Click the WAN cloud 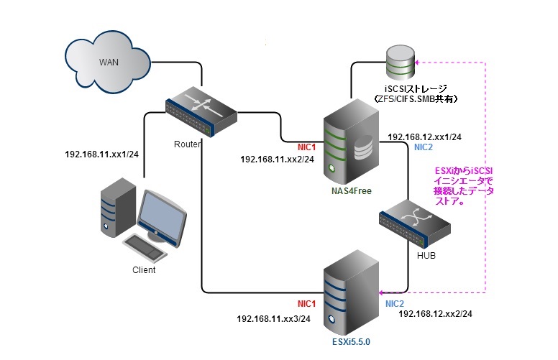[108, 60]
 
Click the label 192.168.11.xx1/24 [102, 154]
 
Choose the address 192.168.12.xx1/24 [424, 136]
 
